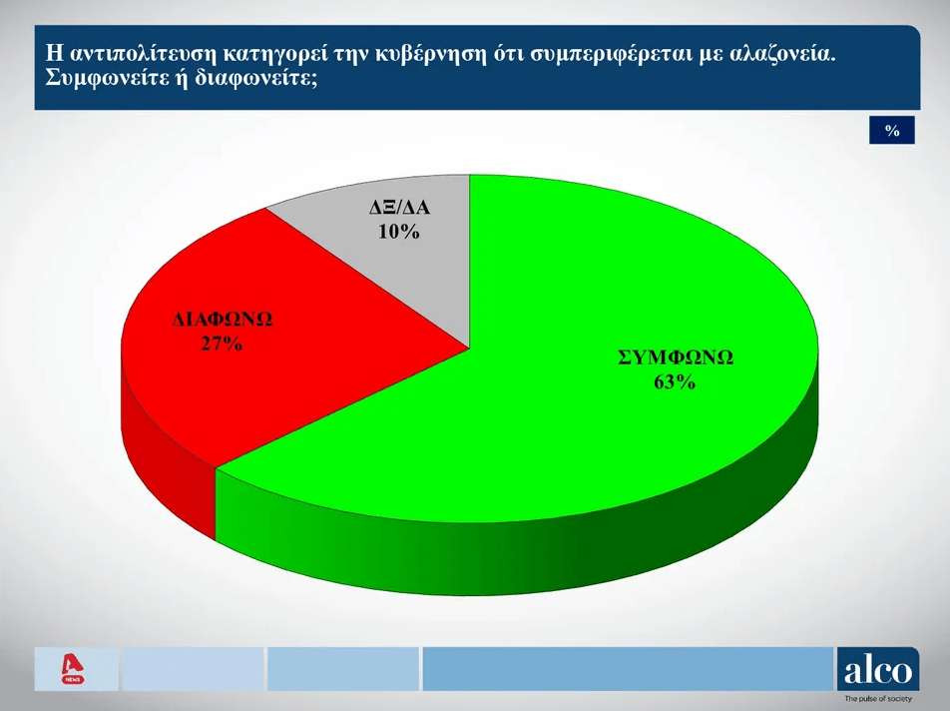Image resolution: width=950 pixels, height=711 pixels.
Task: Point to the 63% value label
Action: [x=675, y=381]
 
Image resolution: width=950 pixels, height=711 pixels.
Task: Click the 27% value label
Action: [x=222, y=344]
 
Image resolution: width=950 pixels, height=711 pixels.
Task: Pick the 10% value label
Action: [x=399, y=232]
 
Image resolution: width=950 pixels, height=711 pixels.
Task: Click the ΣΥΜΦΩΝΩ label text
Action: [x=676, y=357]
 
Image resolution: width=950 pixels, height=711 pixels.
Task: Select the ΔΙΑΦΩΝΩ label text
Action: [x=223, y=319]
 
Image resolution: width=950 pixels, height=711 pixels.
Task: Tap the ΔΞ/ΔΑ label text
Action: [x=400, y=208]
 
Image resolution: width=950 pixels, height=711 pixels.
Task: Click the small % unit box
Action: [x=892, y=131]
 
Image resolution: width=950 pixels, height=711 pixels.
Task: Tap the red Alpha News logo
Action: [x=73, y=669]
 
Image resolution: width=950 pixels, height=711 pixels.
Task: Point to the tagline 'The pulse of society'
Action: [x=878, y=699]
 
